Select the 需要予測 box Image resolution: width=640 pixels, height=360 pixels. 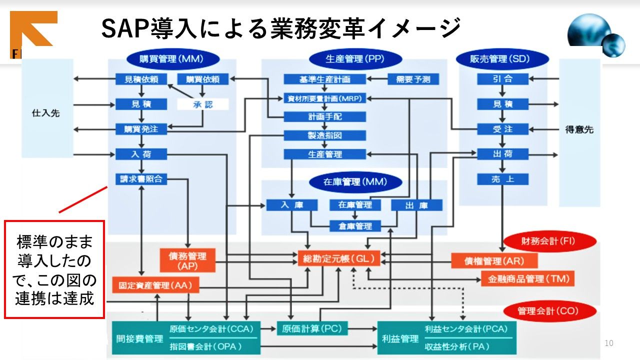413,79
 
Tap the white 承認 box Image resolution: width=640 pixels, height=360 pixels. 202,104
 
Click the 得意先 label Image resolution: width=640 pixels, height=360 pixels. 579,129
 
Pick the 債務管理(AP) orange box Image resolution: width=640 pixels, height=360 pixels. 187,260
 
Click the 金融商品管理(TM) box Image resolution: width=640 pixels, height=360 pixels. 527,278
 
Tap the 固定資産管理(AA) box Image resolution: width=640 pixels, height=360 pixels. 155,285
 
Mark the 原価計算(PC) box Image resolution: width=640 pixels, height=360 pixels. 311,328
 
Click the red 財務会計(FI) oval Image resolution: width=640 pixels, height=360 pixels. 549,241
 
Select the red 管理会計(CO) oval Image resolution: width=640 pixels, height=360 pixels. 549,311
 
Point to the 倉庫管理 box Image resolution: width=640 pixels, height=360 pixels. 354,226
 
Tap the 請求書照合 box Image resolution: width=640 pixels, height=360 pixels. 141,179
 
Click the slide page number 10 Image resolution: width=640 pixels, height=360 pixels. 608,343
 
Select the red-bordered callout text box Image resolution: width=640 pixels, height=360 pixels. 54,269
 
